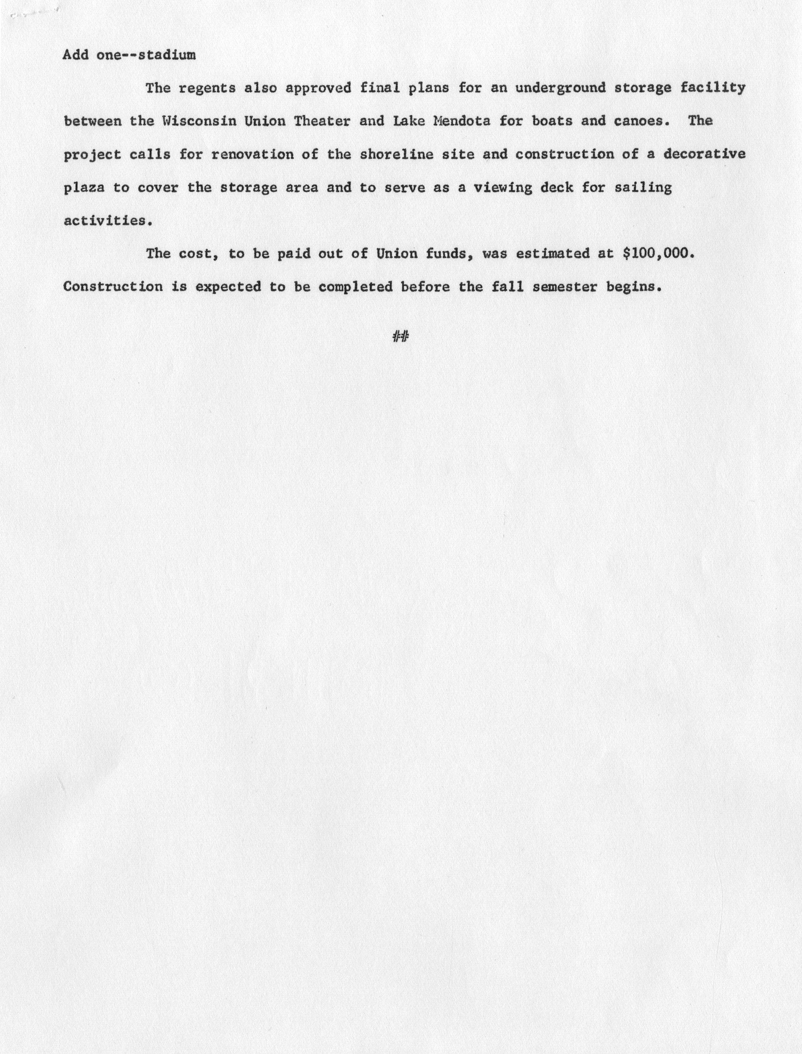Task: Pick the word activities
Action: point(108,221)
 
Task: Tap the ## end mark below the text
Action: point(401,337)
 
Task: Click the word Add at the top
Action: point(76,55)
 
